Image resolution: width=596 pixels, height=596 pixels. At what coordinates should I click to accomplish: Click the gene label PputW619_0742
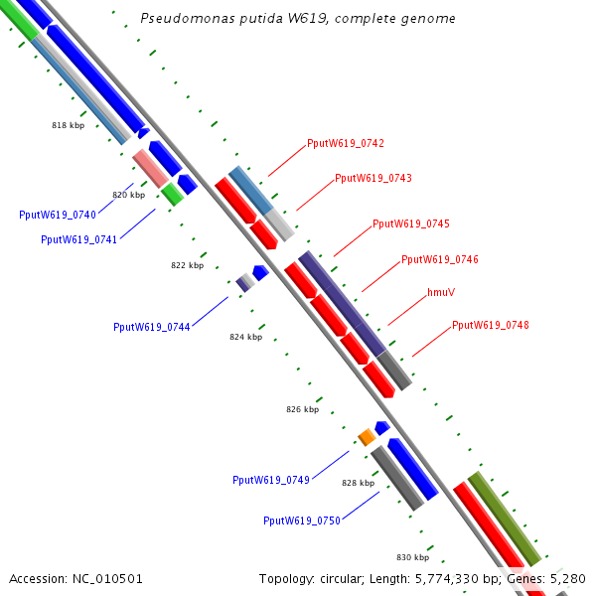[x=346, y=144]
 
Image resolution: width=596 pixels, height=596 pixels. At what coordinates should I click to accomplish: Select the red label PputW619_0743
[x=373, y=179]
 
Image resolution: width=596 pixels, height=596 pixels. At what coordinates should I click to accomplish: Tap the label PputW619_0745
[x=411, y=224]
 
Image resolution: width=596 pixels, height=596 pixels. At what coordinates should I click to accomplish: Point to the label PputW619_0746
[x=440, y=260]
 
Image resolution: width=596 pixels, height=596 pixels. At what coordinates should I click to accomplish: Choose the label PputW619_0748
[x=491, y=326]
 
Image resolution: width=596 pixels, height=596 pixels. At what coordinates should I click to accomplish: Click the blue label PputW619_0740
[x=58, y=216]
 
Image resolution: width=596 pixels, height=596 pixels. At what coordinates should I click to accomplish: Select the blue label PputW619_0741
[x=79, y=240]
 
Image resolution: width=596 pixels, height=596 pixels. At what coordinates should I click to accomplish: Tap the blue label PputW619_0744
[x=152, y=327]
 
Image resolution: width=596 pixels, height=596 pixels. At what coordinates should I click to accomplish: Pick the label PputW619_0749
[x=271, y=481]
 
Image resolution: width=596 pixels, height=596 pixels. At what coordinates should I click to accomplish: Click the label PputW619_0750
[x=302, y=521]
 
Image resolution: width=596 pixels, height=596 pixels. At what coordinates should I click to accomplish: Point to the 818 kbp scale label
[x=69, y=126]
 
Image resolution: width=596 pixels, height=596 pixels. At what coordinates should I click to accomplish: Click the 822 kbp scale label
[x=187, y=266]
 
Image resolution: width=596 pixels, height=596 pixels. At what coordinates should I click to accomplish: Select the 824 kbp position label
[x=245, y=338]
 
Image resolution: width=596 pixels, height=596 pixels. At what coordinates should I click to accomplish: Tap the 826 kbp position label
[x=303, y=410]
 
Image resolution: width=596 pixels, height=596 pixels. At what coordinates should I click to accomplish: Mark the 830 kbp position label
[x=412, y=558]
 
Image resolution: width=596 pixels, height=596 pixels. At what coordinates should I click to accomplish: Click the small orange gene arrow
[x=367, y=436]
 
